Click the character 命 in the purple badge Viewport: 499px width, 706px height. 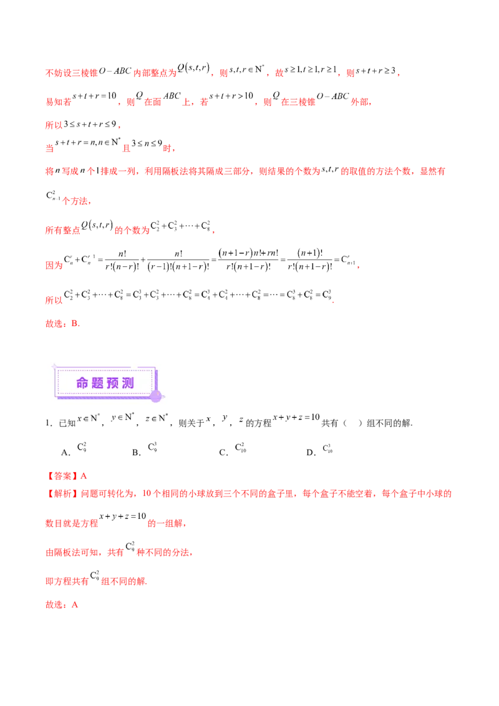[x=83, y=383]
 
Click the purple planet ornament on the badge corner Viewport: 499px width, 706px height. [x=156, y=395]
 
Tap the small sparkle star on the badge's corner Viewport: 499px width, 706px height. [x=54, y=366]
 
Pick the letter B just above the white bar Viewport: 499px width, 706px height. [x=75, y=324]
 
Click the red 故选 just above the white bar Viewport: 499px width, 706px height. [x=55, y=324]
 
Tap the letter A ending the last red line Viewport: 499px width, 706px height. [x=75, y=604]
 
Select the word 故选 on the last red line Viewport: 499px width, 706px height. [x=55, y=604]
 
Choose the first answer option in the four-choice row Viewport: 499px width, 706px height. [x=85, y=448]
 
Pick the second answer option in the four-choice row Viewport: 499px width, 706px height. [x=156, y=447]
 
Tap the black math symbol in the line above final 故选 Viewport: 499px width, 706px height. [x=97, y=579]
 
